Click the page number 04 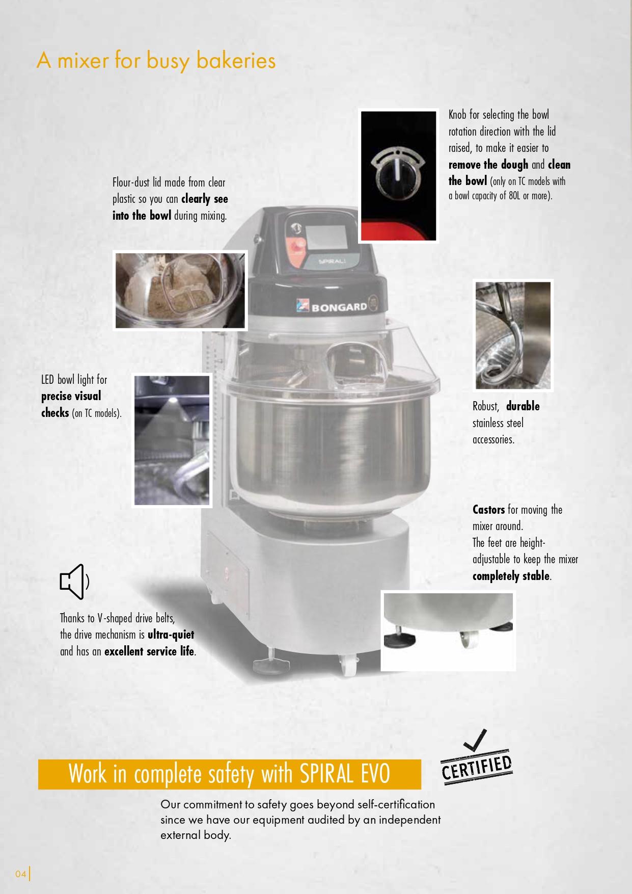pyautogui.click(x=20, y=874)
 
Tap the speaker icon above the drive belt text pyautogui.click(x=74, y=582)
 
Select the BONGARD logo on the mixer pyautogui.click(x=332, y=306)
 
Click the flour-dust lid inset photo pyautogui.click(x=180, y=291)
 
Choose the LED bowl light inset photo pyautogui.click(x=172, y=440)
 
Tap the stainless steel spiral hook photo pyautogui.click(x=513, y=335)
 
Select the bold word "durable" pyautogui.click(x=523, y=406)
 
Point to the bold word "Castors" pyautogui.click(x=488, y=510)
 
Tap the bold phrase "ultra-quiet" pyautogui.click(x=171, y=635)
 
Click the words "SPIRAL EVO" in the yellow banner pyautogui.click(x=345, y=774)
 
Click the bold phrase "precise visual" pyautogui.click(x=71, y=397)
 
